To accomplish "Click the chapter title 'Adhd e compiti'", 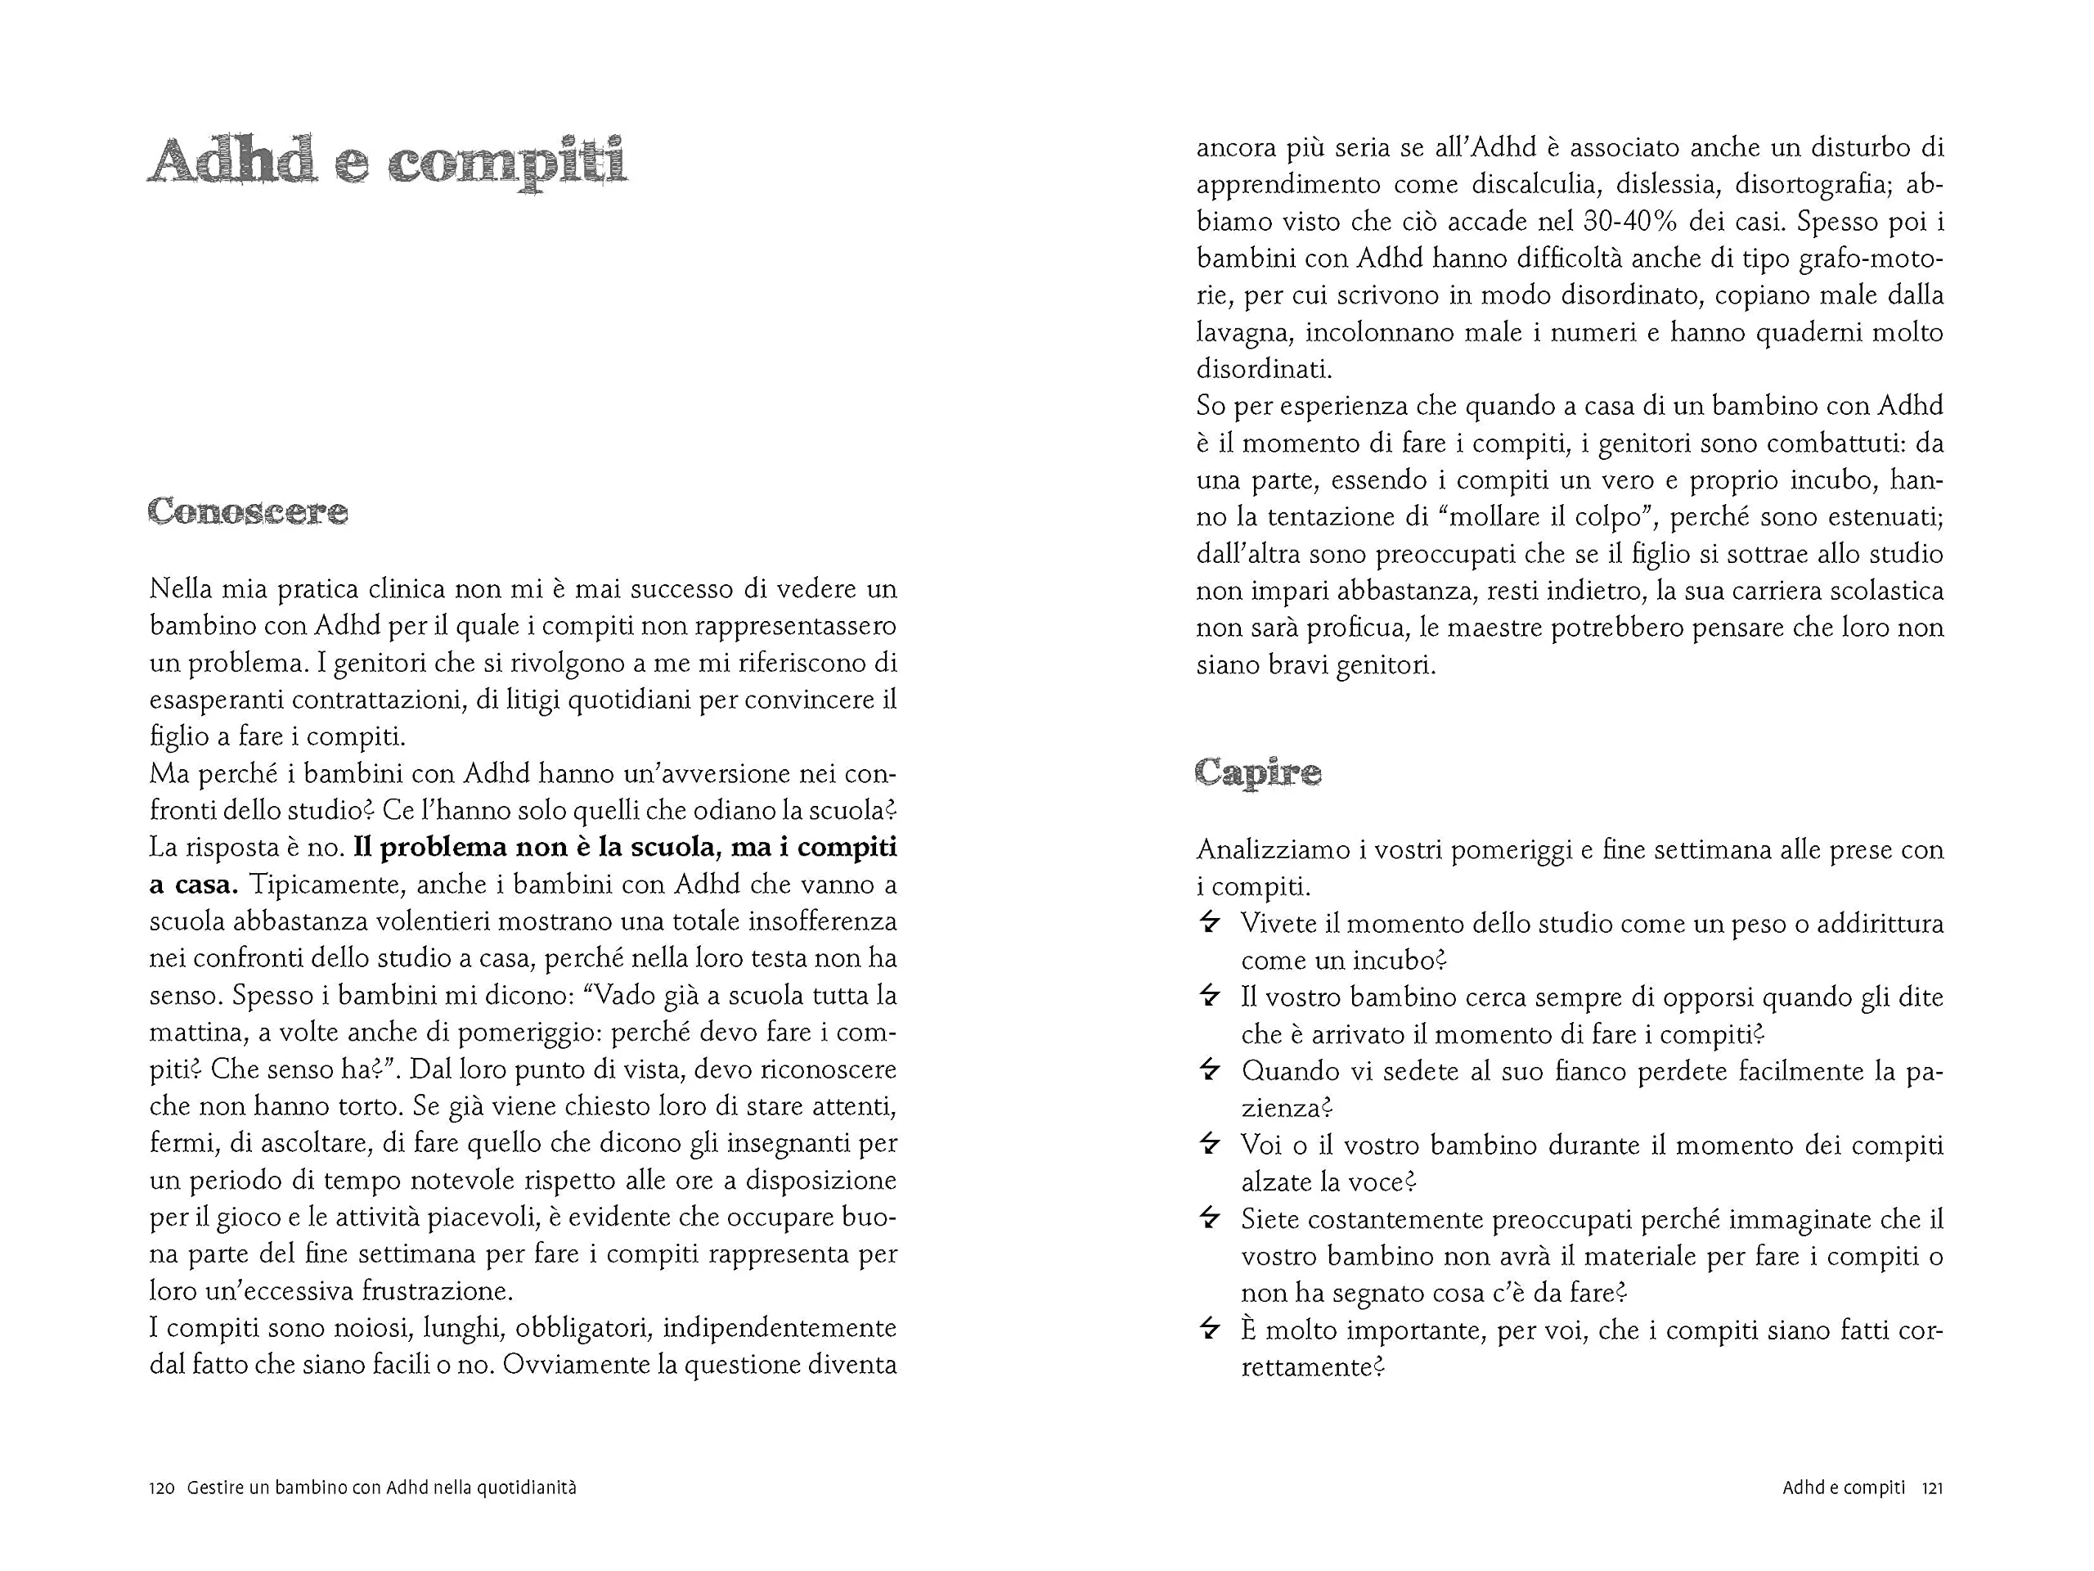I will click(x=387, y=161).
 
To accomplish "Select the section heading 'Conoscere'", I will click(x=248, y=512).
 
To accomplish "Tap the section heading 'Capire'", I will click(x=1257, y=772).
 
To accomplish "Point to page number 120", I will click(x=162, y=1488).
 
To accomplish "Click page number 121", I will click(x=1932, y=1488).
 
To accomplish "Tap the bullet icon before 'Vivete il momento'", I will click(x=1209, y=922).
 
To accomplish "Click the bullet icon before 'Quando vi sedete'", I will click(x=1209, y=1070).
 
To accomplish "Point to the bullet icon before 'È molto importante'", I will click(x=1209, y=1330).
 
